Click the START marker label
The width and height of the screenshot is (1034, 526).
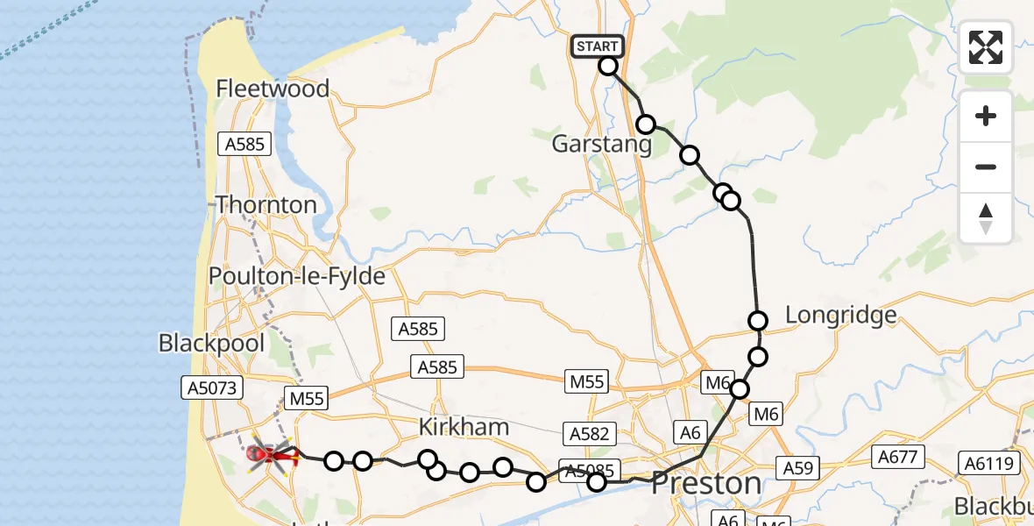[x=597, y=46]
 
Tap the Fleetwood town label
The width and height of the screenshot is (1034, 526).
[x=273, y=89]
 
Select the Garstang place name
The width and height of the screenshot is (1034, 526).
[x=602, y=145]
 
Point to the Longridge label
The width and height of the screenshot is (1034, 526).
[x=841, y=315]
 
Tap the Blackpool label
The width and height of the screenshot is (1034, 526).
[x=211, y=343]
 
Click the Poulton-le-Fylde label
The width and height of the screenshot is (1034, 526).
[x=297, y=276]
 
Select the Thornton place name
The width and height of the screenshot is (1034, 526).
[x=266, y=205]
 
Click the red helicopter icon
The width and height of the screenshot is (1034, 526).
[x=268, y=454]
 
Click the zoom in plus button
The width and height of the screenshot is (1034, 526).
[x=986, y=116]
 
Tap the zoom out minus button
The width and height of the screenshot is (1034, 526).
[x=986, y=167]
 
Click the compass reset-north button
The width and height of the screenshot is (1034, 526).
[x=986, y=217]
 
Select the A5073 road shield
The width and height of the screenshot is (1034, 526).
[x=211, y=387]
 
